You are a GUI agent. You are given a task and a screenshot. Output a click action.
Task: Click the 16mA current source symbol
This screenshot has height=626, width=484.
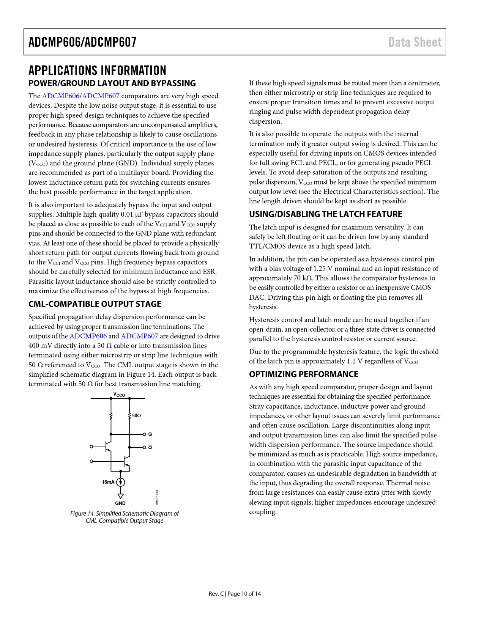121,482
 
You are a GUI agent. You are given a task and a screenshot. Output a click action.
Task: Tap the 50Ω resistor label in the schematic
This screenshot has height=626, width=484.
137,416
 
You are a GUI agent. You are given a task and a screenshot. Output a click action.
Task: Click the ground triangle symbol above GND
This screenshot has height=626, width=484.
121,496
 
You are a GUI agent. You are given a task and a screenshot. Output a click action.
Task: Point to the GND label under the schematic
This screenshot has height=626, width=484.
120,503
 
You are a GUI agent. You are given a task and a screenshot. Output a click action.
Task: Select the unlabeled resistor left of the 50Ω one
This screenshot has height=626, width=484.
111,416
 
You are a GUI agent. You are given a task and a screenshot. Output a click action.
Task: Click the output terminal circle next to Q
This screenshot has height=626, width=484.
144,434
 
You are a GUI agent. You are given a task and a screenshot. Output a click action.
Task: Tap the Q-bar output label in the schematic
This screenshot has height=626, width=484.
150,447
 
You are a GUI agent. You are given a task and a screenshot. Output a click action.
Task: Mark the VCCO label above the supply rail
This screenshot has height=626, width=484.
119,395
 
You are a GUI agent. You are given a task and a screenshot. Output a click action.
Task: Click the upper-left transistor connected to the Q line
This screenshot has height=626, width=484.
108,447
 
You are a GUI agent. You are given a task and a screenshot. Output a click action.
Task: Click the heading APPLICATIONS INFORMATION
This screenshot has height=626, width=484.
97,71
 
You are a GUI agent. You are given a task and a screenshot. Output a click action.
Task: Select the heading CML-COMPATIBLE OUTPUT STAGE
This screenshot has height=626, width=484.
95,304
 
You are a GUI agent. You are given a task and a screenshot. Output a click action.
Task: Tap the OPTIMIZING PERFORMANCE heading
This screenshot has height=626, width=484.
303,374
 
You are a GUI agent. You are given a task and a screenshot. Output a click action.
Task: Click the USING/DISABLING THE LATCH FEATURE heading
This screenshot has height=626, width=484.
325,214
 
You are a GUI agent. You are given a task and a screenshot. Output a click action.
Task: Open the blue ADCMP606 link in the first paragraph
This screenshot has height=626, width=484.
60,96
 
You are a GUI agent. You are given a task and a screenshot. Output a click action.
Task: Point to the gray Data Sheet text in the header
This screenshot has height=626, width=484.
415,42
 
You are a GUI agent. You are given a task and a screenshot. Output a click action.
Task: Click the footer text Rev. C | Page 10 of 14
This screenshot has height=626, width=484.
235,594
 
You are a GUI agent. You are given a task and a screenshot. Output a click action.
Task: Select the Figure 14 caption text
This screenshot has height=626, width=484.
125,517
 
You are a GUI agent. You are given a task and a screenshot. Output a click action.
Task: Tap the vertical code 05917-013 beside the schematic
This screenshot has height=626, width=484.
157,497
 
